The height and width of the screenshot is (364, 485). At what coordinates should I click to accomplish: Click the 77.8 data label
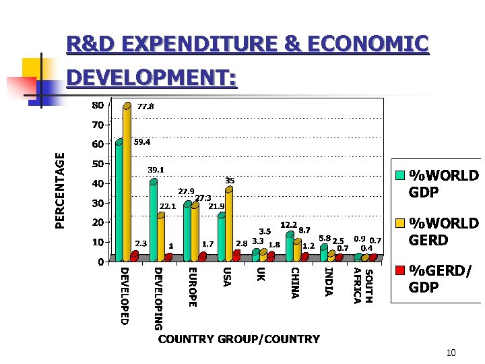coord(145,107)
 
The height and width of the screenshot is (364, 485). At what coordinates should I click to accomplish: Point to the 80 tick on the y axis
coord(98,105)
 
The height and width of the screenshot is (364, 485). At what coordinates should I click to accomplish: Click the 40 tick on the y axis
coord(98,183)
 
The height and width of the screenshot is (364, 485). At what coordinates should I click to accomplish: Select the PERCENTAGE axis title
coord(61,190)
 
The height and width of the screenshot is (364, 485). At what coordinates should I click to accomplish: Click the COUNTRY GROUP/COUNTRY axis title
coord(238,339)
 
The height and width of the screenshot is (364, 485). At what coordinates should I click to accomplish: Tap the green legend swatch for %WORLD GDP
coord(400,175)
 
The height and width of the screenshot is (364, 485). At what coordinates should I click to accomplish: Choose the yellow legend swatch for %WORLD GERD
coord(400,222)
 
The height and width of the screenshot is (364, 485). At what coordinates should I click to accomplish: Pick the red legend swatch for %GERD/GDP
coord(400,270)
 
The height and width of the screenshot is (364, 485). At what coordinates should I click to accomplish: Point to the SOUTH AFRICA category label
coord(362,285)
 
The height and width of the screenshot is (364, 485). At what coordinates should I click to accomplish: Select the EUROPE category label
coord(192,286)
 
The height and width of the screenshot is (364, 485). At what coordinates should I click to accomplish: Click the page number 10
coord(451,353)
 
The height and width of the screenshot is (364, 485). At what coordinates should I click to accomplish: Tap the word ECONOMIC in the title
coord(367,44)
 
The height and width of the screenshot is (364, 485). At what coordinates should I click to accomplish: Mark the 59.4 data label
coord(141,142)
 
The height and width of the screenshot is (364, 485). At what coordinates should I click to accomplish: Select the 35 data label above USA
coord(230,181)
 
